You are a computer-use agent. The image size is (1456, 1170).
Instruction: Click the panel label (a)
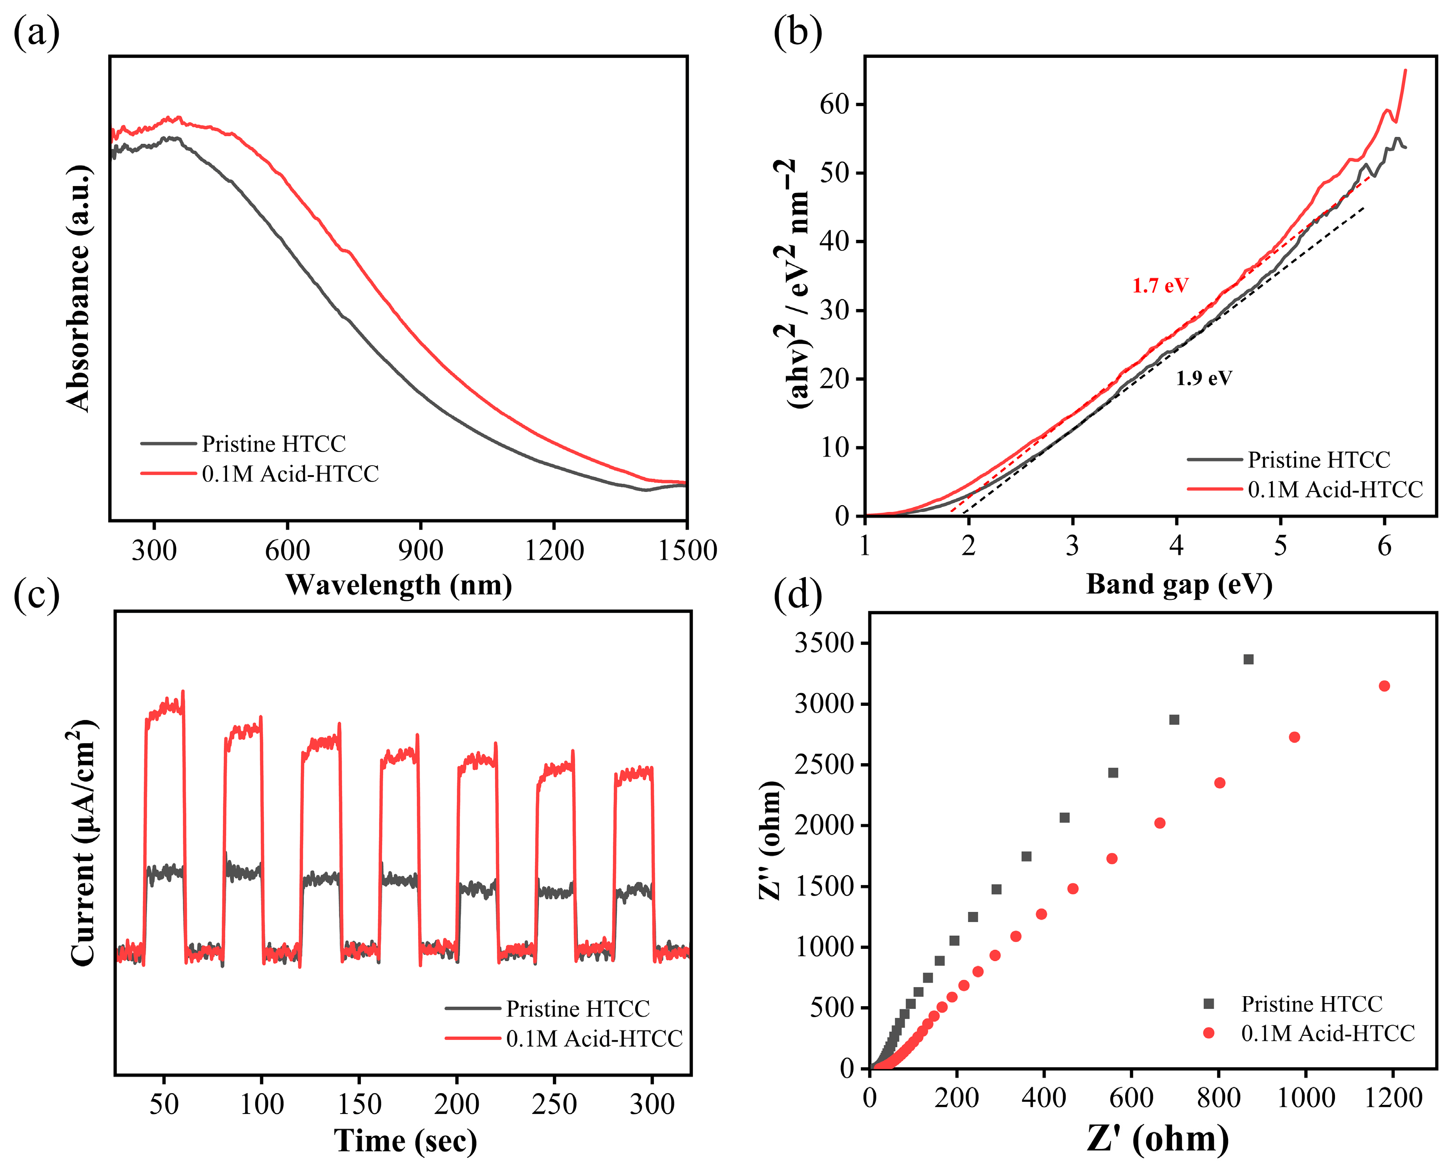(36, 32)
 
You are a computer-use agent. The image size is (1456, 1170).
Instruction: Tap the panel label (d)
(798, 594)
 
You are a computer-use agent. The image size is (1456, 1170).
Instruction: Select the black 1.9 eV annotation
(1203, 378)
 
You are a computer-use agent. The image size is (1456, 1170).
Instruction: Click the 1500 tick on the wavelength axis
(687, 550)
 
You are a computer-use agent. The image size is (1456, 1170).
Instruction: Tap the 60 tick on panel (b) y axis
(834, 105)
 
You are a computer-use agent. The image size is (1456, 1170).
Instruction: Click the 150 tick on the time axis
(359, 1104)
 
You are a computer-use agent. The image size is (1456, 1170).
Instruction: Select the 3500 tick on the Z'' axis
(824, 643)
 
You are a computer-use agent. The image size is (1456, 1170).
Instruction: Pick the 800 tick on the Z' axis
(1218, 1098)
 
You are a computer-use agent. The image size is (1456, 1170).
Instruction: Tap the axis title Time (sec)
(405, 1141)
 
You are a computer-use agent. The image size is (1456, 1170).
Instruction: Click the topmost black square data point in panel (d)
(1248, 659)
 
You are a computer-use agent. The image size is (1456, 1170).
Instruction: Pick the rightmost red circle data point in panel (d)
(1384, 686)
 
